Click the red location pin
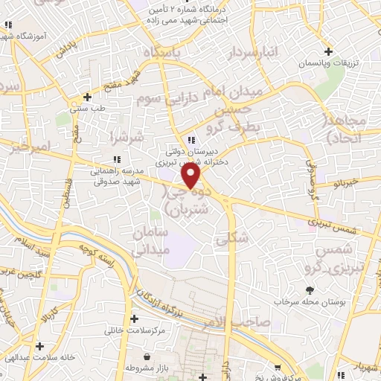coord(191,176)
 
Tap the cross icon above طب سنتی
coord(88,96)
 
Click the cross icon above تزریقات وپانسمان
coord(339,51)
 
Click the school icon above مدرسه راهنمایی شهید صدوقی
coord(117,159)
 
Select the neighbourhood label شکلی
coord(221,240)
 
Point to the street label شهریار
coord(365,366)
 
